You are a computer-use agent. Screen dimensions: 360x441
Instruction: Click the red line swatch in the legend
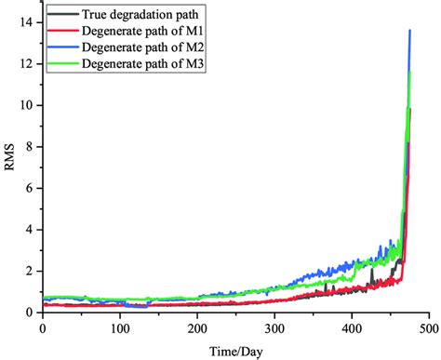tap(60, 31)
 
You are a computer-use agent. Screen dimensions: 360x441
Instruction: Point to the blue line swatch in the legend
tap(60, 47)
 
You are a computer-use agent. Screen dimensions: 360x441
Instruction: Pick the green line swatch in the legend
tap(60, 63)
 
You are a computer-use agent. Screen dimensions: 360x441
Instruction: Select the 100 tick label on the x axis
tap(119, 329)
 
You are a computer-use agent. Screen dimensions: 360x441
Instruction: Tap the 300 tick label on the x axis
tap(274, 329)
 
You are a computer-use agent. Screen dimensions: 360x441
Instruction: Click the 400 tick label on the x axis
tap(351, 329)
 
